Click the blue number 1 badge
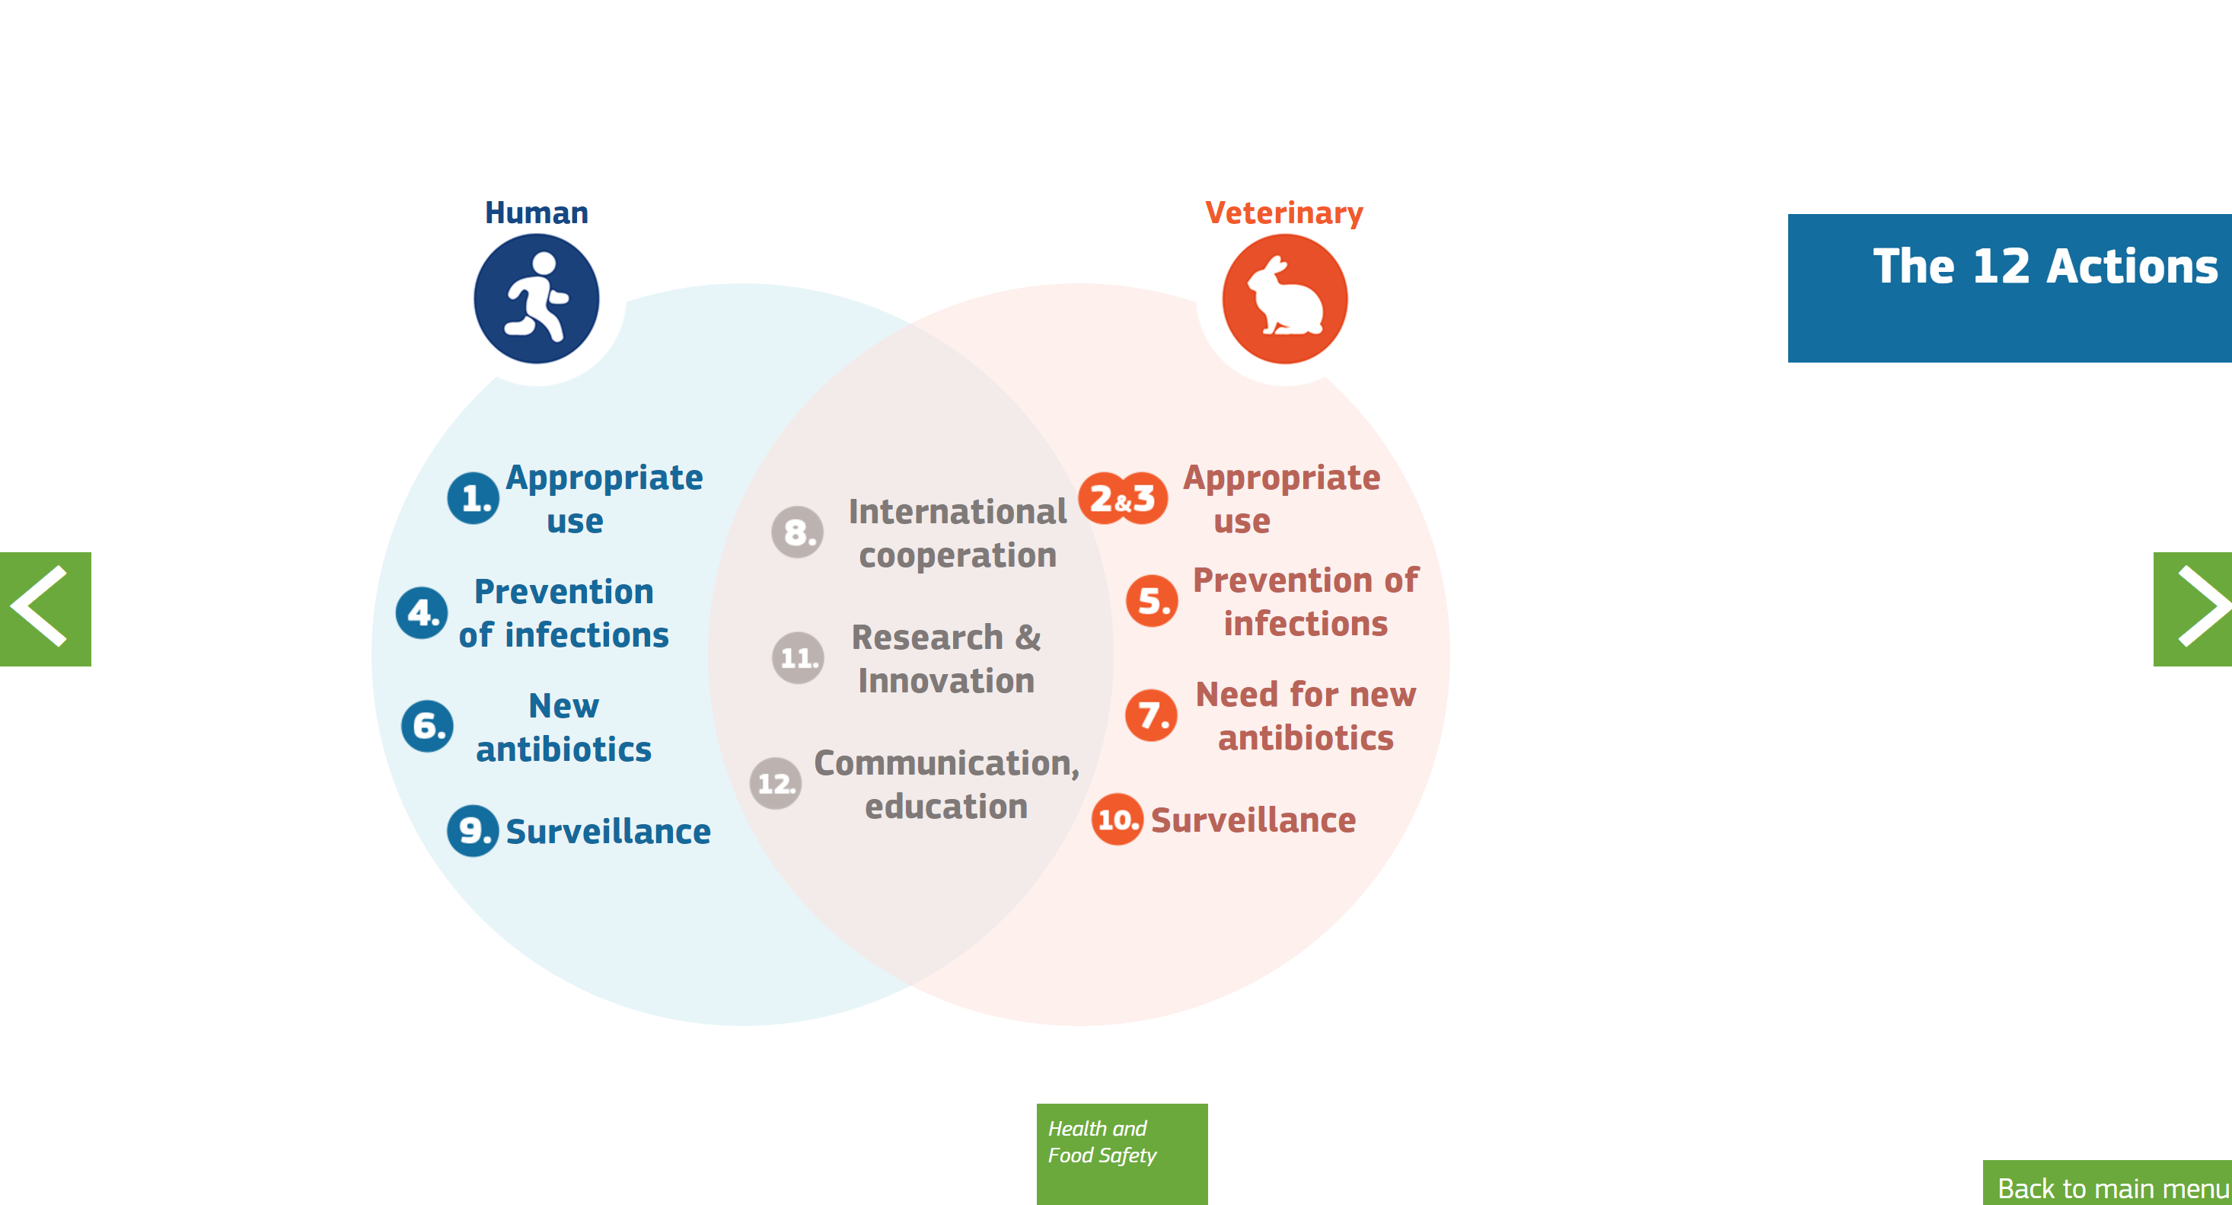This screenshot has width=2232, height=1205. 473,497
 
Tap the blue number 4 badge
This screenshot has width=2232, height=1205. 422,613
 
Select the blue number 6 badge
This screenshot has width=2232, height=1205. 427,727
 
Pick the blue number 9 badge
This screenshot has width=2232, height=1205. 473,831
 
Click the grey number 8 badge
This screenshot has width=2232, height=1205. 798,532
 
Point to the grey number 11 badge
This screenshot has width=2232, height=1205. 798,658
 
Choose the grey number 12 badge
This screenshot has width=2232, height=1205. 776,784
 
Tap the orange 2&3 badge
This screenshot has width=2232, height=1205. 1123,498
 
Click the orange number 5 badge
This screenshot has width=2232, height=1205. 1153,601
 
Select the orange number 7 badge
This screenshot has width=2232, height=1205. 1152,716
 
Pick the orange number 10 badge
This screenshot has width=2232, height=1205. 1118,820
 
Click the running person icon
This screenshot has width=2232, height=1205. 537,299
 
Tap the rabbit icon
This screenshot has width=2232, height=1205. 1285,299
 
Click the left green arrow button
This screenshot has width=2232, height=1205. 45,609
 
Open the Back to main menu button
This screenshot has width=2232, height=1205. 2107,1184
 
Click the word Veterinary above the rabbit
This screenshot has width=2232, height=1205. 1284,213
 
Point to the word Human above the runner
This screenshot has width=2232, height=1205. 537,213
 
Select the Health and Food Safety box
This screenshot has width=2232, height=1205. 1122,1154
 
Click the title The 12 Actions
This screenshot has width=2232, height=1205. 2045,266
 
